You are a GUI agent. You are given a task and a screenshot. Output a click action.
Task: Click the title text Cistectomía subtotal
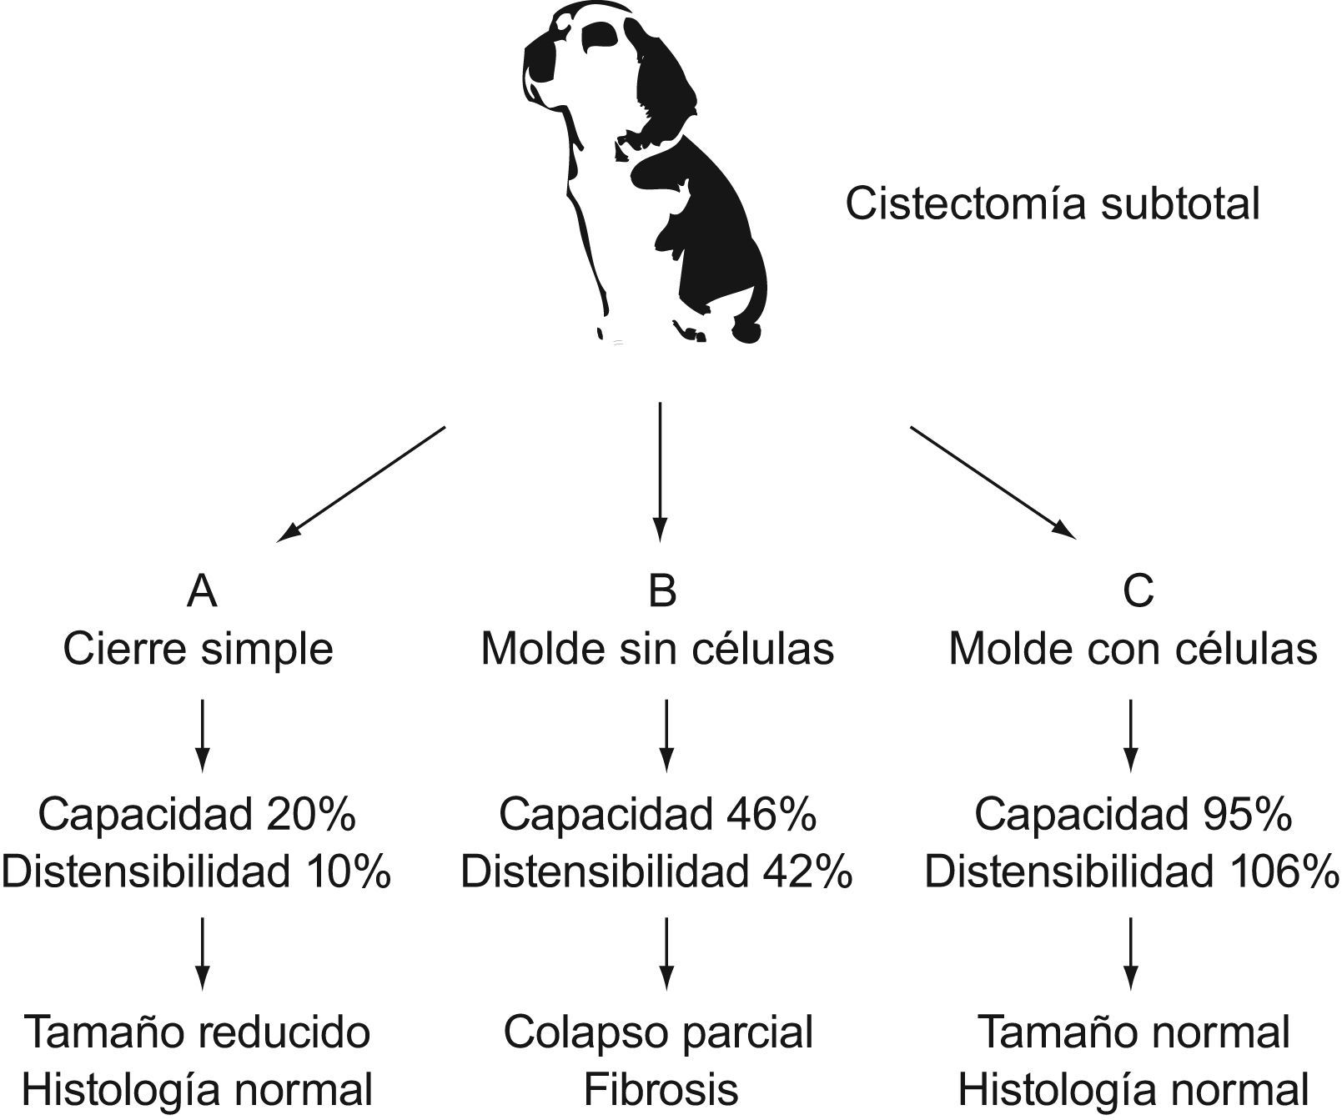point(1052,204)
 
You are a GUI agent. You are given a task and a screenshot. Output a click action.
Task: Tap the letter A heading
point(202,590)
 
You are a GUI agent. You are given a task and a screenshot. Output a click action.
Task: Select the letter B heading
point(661,590)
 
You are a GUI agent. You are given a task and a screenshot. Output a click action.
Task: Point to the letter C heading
point(1138,590)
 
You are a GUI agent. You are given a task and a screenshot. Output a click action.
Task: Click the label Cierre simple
point(199,649)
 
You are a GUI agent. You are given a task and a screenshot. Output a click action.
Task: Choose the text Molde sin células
point(657,649)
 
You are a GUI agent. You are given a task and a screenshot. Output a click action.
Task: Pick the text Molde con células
point(1133,649)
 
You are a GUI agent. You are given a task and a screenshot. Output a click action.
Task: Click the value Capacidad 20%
point(197,814)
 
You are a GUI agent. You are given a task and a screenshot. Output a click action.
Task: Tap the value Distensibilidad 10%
point(197,872)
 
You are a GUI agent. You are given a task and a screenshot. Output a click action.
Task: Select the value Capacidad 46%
point(657,814)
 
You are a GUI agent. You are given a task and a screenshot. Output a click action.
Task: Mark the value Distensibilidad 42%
point(657,872)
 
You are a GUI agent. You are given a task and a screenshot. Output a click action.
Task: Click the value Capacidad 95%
point(1133,814)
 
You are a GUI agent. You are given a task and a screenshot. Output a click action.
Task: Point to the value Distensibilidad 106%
point(1132,872)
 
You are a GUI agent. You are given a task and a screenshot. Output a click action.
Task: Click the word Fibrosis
point(661,1089)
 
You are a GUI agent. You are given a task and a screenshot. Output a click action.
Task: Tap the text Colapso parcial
point(658,1032)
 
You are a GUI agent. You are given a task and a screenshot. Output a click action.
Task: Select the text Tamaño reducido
point(197,1032)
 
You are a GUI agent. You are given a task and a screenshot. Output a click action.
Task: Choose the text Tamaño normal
point(1133,1032)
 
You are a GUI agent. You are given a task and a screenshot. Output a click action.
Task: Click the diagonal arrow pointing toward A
point(361,485)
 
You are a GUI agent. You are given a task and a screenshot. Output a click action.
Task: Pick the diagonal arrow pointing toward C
point(992,481)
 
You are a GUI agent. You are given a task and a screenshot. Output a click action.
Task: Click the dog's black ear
point(663,75)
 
